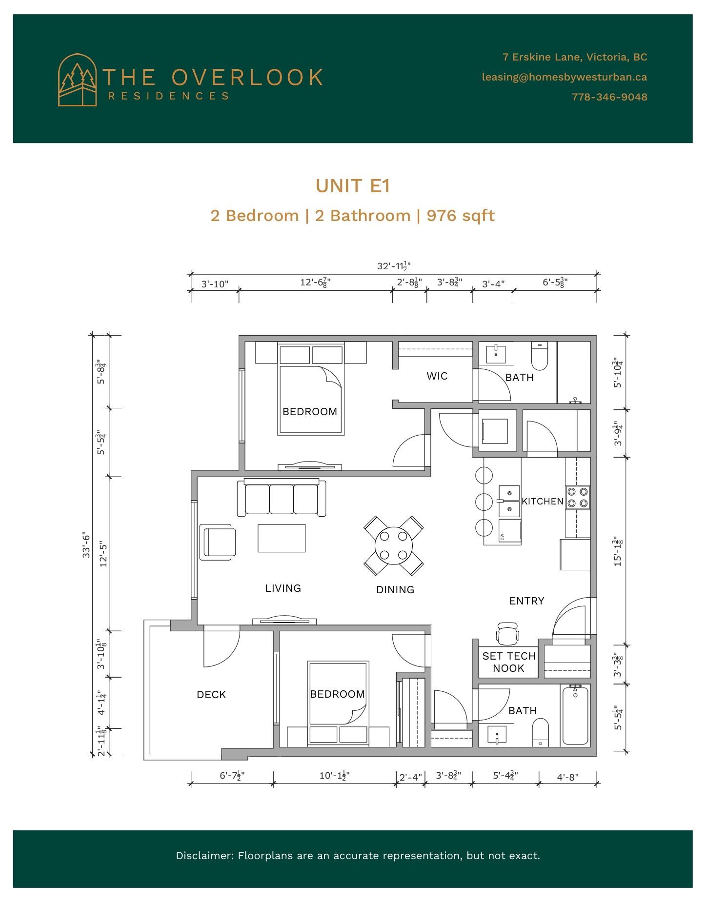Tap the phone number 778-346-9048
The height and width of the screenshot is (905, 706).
(x=609, y=97)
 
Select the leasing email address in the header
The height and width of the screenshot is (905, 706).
(x=565, y=77)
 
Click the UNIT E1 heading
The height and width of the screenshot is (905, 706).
(x=353, y=186)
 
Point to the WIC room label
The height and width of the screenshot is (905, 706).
(x=437, y=376)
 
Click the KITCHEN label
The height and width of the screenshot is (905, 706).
(x=543, y=501)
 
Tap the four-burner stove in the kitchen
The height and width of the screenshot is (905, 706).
(x=578, y=498)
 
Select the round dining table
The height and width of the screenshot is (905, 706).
(x=393, y=546)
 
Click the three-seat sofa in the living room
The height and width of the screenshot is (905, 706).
(x=282, y=497)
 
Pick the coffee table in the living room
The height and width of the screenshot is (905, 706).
(x=282, y=538)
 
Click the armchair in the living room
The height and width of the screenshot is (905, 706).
(x=218, y=542)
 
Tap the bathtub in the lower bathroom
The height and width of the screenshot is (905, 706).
(x=575, y=715)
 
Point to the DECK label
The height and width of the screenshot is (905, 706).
(x=211, y=695)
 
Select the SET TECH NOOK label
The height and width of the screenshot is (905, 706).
(x=509, y=662)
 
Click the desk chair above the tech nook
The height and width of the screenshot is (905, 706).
(x=507, y=633)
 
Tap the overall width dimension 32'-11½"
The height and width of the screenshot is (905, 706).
(x=394, y=266)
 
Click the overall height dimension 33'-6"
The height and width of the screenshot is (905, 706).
(x=86, y=545)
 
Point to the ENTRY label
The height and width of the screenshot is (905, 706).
(x=527, y=601)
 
